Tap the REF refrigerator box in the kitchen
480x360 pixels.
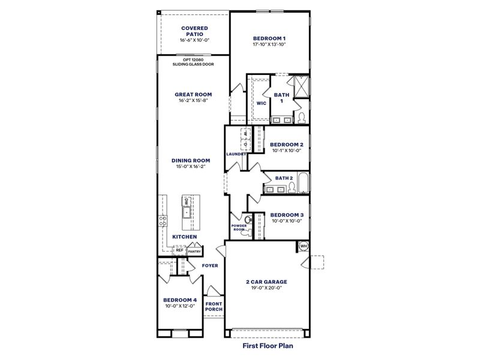[x=179, y=251]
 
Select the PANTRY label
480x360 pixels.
[x=194, y=251]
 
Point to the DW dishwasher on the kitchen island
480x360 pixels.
[x=187, y=202]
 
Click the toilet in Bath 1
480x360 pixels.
[x=302, y=116]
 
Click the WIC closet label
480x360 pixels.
[x=261, y=103]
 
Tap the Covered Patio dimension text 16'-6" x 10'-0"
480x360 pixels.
[x=194, y=40]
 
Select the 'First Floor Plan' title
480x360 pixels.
[x=267, y=346]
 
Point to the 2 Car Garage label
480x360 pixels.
[x=267, y=281]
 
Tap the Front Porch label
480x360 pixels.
[x=214, y=307]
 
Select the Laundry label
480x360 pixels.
[x=236, y=154]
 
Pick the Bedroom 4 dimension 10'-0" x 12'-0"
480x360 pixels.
[x=179, y=305]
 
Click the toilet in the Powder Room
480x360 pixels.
[x=246, y=218]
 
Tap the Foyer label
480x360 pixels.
[x=209, y=265]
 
